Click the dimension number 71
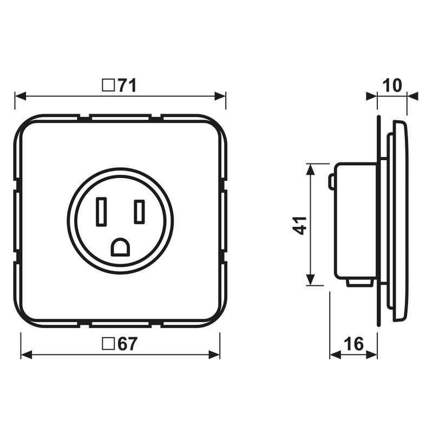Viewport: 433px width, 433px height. pos(127,85)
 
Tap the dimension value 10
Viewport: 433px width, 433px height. pos(392,86)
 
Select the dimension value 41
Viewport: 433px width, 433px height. pos(301,224)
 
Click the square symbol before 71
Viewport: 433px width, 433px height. pos(109,85)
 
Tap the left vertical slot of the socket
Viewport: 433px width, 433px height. pos(101,212)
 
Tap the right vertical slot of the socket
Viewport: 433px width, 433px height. pos(140,212)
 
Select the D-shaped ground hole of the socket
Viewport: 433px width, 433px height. pos(120,247)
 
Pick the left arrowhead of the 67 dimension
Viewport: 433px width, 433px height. pos(27,355)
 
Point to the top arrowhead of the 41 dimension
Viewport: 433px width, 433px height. pos(310,169)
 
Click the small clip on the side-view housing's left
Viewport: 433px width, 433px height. pos(331,182)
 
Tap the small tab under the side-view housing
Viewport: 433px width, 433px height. pos(359,281)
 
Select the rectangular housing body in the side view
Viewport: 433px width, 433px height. pos(356,221)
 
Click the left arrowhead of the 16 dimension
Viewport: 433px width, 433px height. pos(335,355)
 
